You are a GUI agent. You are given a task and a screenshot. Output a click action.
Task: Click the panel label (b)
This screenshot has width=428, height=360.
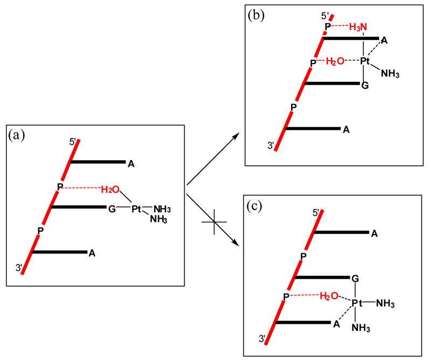[255, 15]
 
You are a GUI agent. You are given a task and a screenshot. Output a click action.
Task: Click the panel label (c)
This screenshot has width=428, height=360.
[255, 205]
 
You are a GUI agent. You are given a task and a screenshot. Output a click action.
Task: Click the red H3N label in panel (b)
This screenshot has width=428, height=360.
[360, 26]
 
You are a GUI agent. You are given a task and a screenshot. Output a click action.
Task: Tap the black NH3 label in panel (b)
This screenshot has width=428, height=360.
[394, 73]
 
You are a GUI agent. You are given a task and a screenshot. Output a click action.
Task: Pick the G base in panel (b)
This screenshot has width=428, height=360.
[365, 85]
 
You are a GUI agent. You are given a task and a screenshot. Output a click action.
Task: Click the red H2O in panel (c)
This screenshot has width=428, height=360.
[329, 296]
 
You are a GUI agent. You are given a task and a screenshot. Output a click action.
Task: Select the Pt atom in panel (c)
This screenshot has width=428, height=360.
[357, 304]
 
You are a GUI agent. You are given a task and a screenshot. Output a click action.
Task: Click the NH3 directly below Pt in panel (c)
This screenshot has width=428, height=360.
[360, 328]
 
